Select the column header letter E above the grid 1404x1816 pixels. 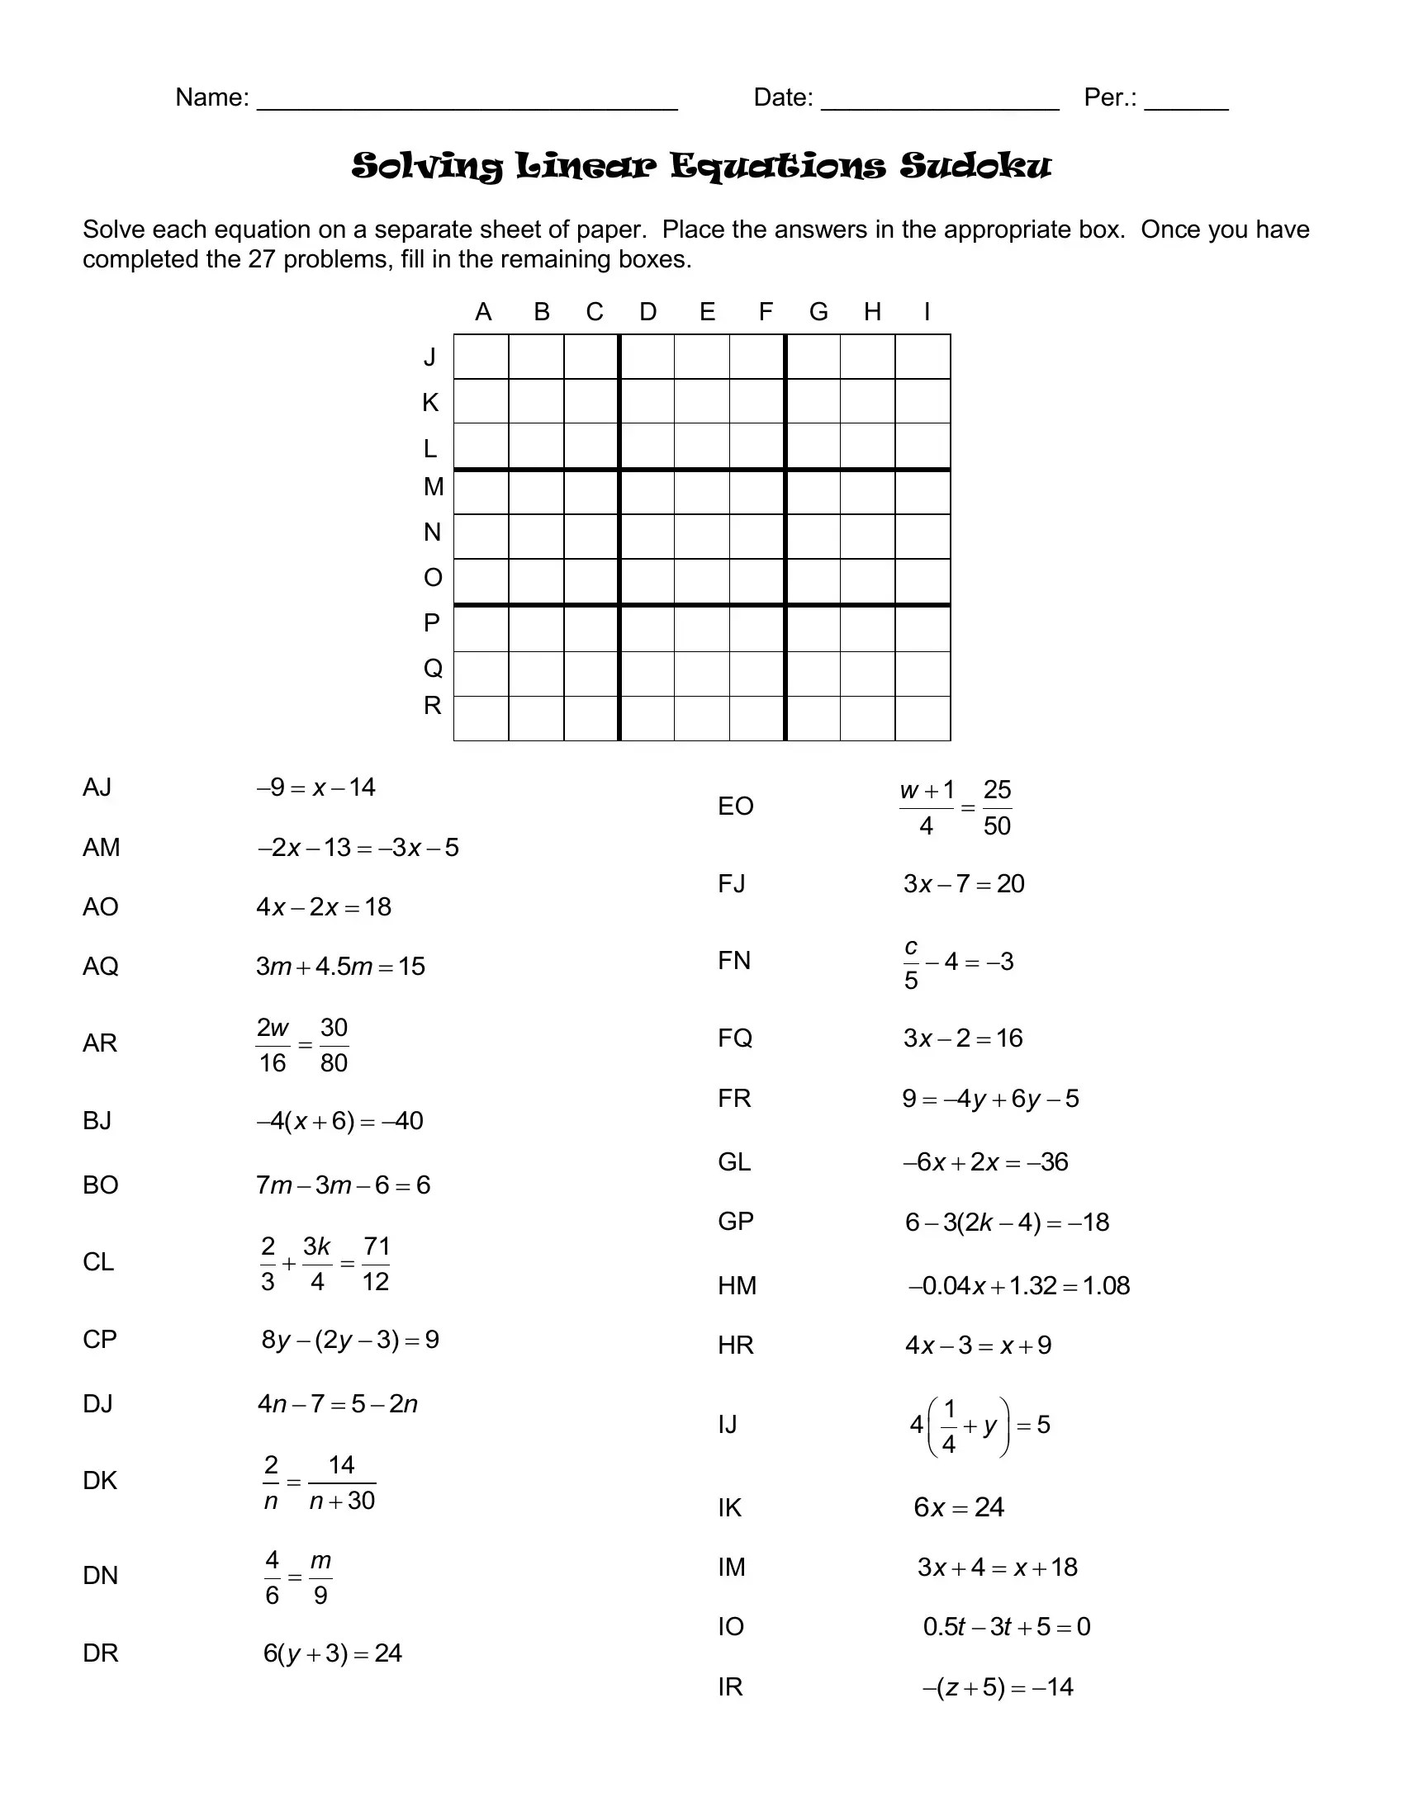click(707, 312)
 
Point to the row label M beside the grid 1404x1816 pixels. click(434, 486)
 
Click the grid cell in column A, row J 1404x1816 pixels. click(481, 357)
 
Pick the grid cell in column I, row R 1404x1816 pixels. click(923, 718)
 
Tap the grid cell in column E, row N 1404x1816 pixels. click(702, 537)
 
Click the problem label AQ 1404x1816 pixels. click(101, 967)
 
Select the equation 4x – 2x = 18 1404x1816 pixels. click(324, 906)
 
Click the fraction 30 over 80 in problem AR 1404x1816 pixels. click(334, 1044)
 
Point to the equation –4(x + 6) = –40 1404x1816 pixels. click(339, 1121)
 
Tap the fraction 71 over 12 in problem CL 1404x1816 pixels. click(376, 1263)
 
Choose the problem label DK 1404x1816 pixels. click(100, 1480)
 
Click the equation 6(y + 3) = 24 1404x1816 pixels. click(333, 1653)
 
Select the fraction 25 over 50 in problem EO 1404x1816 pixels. click(997, 807)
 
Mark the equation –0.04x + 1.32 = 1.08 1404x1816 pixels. click(1019, 1285)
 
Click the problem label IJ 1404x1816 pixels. click(728, 1425)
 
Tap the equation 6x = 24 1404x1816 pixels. click(958, 1506)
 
